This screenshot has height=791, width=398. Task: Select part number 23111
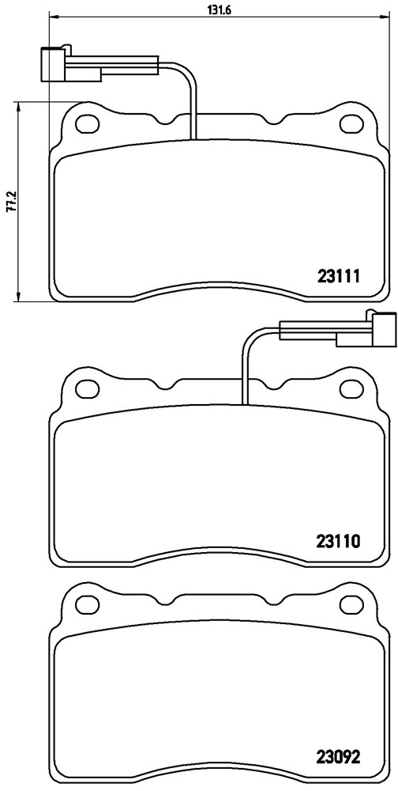pos(337,276)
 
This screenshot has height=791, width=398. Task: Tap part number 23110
pos(337,541)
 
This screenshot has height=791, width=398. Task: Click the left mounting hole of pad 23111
pos(87,123)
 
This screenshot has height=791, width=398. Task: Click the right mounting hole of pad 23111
pos(351,123)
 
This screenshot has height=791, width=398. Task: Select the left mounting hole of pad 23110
pos(87,388)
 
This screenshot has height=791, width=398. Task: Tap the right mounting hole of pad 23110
pos(351,388)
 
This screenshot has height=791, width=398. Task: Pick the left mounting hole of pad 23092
pos(87,603)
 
